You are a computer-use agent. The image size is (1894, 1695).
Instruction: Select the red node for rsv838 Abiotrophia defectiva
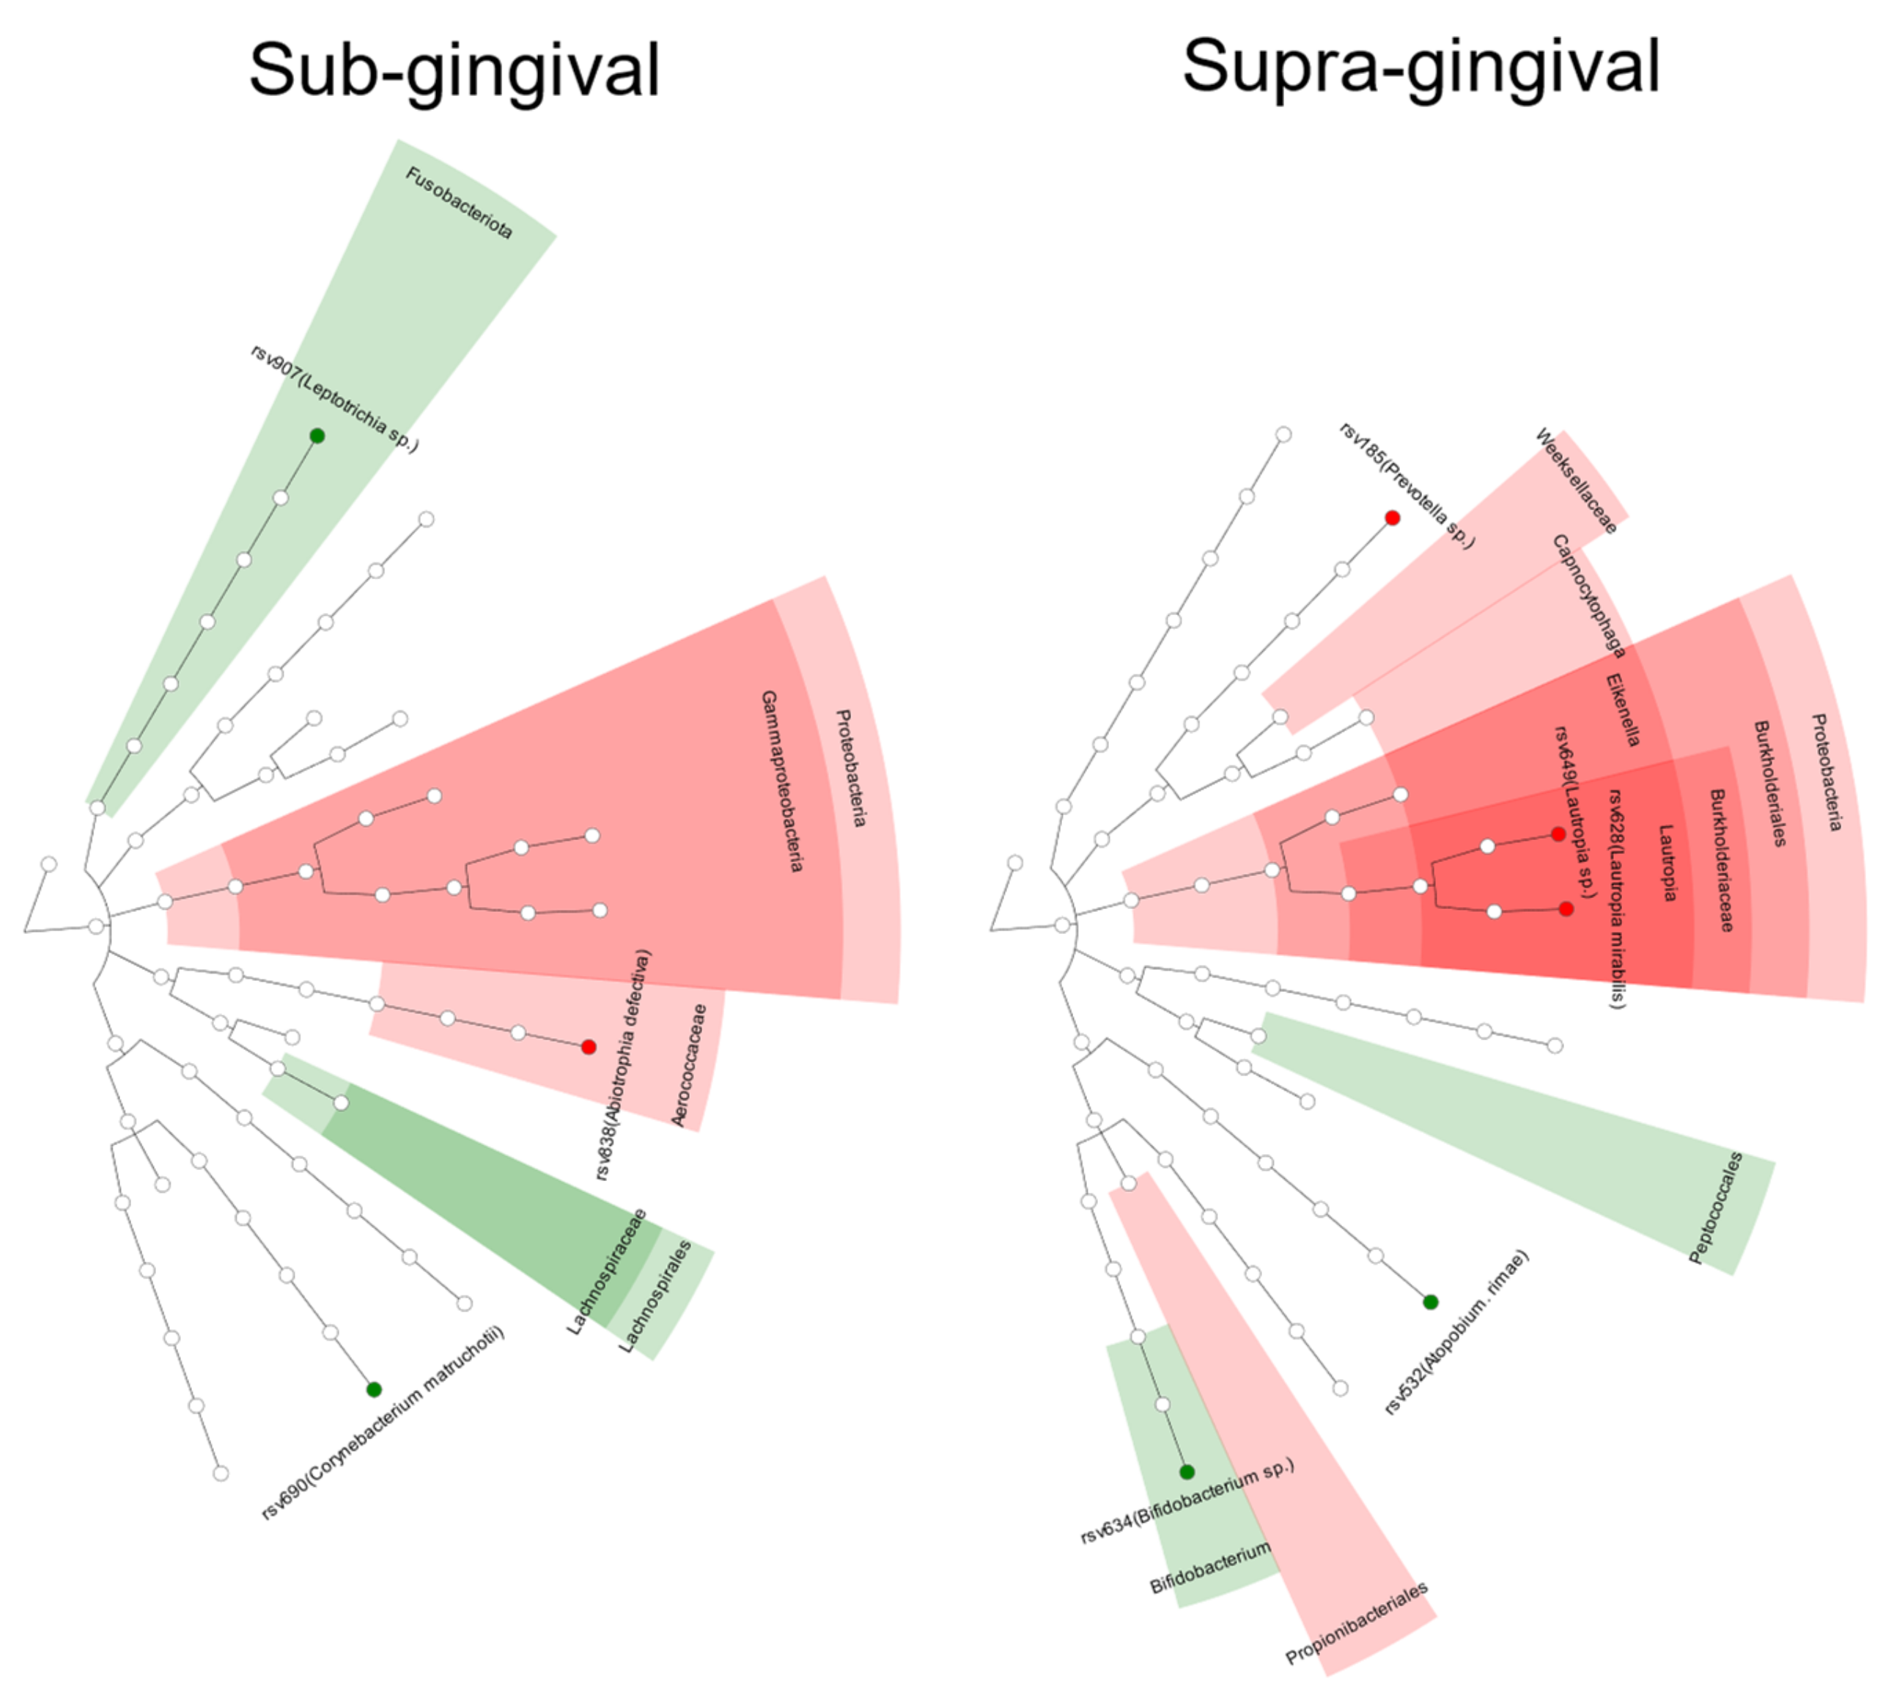(x=589, y=1047)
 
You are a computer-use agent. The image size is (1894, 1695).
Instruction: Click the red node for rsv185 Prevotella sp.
(x=1392, y=518)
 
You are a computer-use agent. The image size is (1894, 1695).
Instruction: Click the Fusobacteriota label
(x=459, y=203)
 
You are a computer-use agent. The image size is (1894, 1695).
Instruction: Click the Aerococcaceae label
(x=689, y=1065)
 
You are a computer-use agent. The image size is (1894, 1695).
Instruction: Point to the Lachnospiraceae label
(x=606, y=1271)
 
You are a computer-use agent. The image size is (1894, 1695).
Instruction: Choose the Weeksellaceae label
(x=1576, y=480)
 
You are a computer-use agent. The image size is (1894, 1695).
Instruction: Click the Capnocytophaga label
(x=1588, y=596)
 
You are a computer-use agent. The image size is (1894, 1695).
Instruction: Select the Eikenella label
(x=1623, y=710)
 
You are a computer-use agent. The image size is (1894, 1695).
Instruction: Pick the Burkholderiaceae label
(x=1722, y=860)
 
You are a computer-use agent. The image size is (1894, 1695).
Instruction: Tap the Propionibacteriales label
(x=1357, y=1623)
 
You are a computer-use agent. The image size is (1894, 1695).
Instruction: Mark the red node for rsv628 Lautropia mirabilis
(x=1566, y=909)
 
